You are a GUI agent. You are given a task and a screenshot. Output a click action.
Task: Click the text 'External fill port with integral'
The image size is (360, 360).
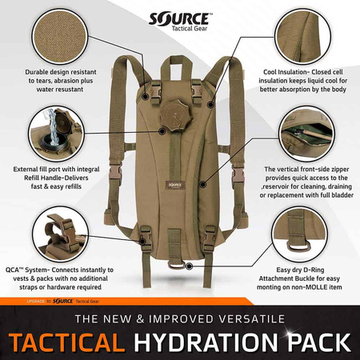click(56, 170)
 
